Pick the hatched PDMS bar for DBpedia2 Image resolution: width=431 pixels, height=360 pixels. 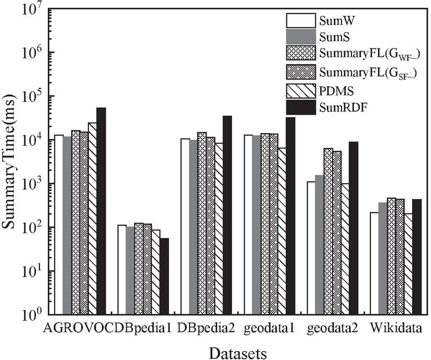click(219, 229)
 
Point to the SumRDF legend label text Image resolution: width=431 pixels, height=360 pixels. click(340, 105)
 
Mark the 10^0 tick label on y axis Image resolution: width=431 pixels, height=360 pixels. click(33, 315)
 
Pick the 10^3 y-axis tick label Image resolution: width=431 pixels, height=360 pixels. click(33, 184)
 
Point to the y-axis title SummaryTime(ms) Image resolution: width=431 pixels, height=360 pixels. click(9, 161)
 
